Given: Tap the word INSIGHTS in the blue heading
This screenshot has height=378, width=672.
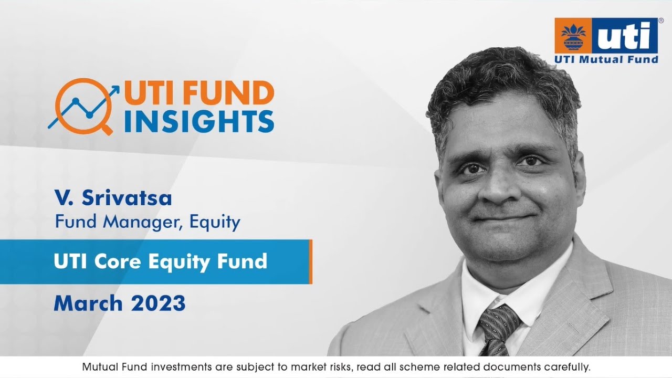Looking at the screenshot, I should (x=199, y=121).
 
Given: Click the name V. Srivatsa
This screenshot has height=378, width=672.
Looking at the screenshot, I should (x=113, y=199).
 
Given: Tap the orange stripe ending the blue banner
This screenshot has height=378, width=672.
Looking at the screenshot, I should (x=311, y=261).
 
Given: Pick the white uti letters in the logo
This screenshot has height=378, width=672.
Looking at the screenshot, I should (x=627, y=37).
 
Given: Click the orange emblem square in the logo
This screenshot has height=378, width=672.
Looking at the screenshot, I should (x=573, y=36).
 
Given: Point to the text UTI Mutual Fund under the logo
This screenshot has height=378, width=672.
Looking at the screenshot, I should (x=606, y=59).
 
